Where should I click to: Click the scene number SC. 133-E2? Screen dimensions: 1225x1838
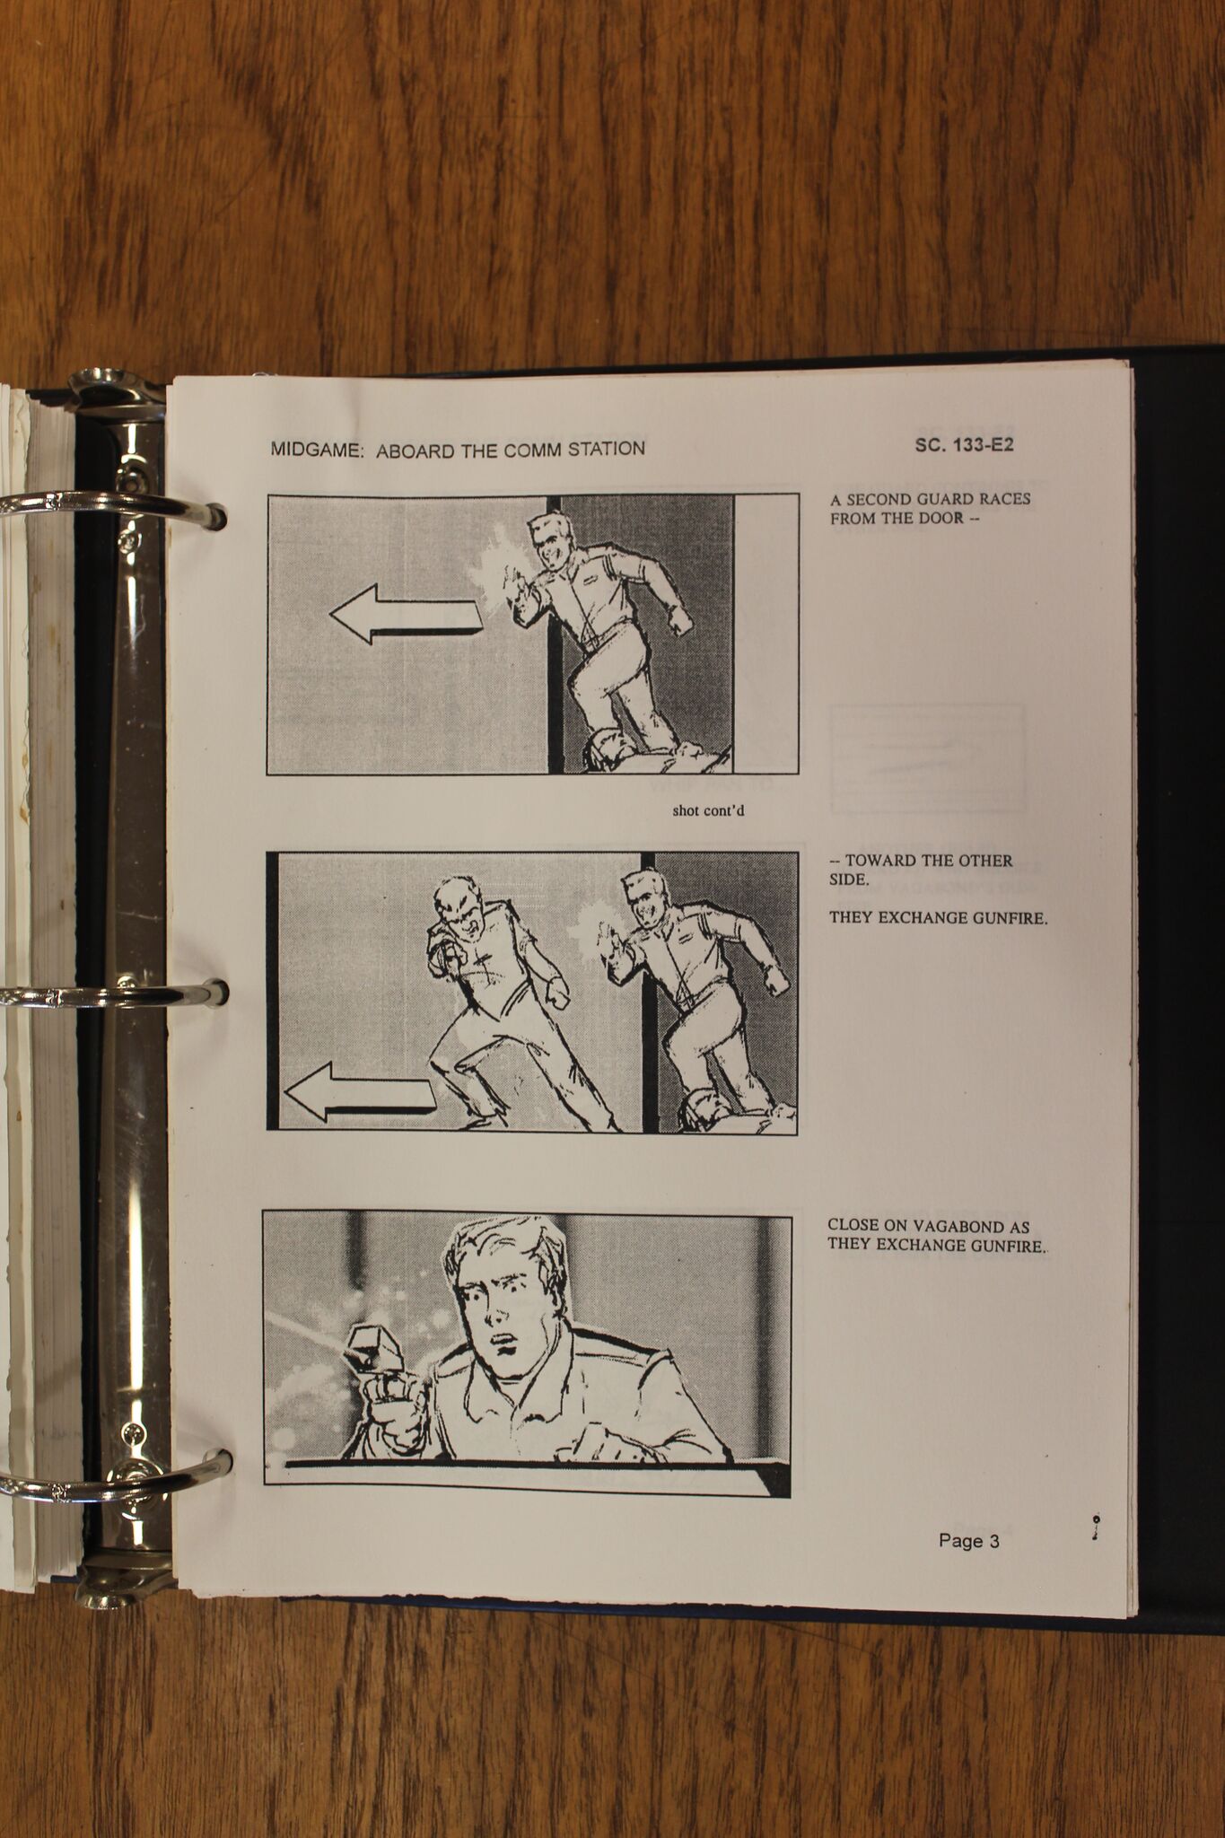[964, 444]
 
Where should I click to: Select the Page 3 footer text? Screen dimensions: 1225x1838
[968, 1541]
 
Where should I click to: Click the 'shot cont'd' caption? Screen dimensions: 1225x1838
[708, 811]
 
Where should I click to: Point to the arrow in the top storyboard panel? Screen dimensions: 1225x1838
[406, 614]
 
